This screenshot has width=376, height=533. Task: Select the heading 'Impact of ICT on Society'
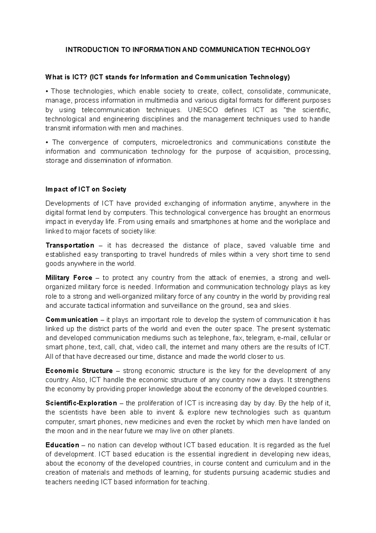(x=86, y=189)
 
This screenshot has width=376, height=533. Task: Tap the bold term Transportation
(x=70, y=245)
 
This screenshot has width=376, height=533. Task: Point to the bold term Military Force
(x=69, y=278)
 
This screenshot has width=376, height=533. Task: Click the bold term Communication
(x=72, y=320)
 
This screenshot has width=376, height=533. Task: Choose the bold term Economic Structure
(x=79, y=371)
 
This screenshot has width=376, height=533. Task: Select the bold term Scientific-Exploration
(x=81, y=403)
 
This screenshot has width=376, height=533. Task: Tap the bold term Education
(x=62, y=445)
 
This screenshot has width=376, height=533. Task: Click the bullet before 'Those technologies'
(x=47, y=91)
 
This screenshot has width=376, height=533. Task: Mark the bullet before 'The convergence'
(x=47, y=143)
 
